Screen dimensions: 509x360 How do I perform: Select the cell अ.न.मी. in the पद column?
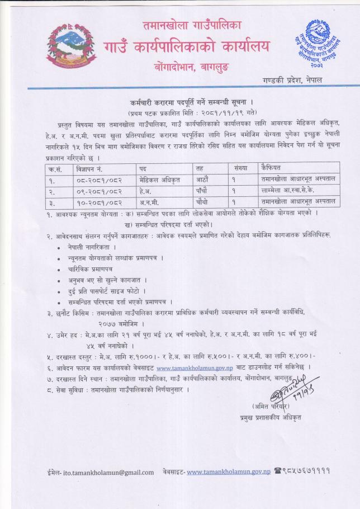(x=149, y=201)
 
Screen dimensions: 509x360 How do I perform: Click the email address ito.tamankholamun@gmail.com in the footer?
(x=109, y=472)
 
